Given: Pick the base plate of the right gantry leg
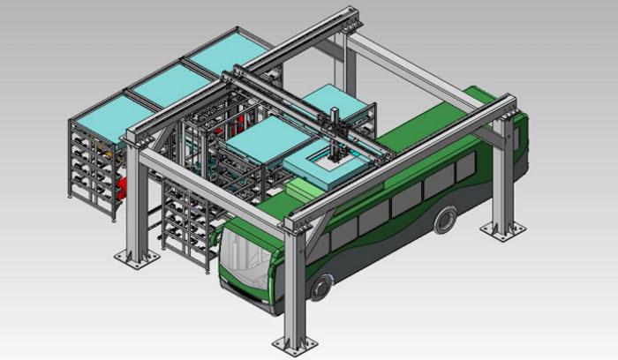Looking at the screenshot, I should (502, 231).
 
